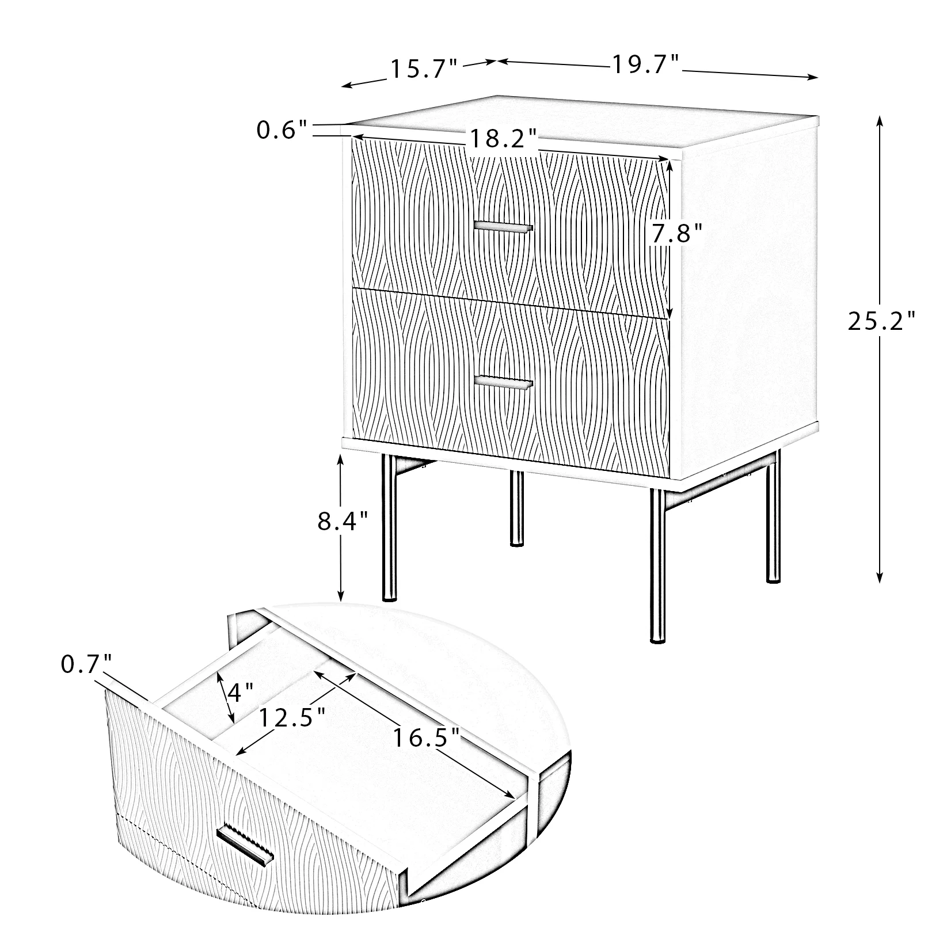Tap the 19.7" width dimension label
click(646, 64)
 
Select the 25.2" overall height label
click(881, 322)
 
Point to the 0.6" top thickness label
click(284, 131)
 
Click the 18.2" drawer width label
click(503, 139)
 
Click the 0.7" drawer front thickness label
click(86, 665)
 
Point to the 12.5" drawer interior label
click(292, 718)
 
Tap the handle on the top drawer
click(503, 227)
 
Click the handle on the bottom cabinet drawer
click(503, 383)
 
